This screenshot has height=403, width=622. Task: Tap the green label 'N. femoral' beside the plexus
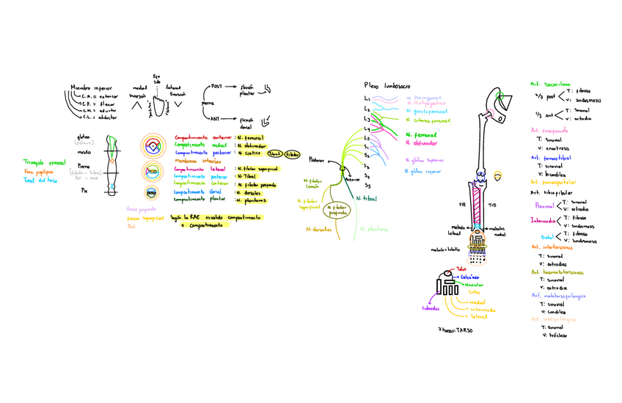pyautogui.click(x=420, y=135)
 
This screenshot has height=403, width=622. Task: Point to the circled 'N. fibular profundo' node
pyautogui.click(x=338, y=211)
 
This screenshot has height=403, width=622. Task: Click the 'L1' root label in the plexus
pyautogui.click(x=367, y=99)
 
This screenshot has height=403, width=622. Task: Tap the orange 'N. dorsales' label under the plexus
pyautogui.click(x=318, y=229)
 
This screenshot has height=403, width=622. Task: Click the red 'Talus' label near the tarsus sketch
pyautogui.click(x=461, y=269)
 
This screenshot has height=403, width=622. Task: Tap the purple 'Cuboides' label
pyautogui.click(x=431, y=308)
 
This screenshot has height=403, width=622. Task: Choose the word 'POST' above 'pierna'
pyautogui.click(x=216, y=87)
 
